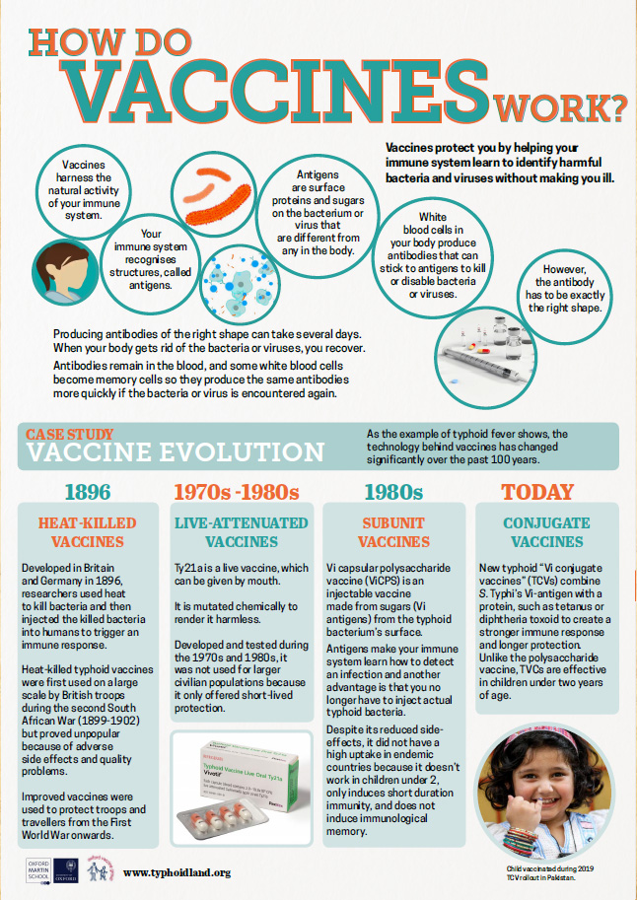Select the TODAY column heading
point(536,491)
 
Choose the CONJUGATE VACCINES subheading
point(545,532)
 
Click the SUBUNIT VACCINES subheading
point(393,532)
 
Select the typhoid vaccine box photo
point(241,789)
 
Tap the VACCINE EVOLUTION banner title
point(175,451)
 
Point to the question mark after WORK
point(617,103)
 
